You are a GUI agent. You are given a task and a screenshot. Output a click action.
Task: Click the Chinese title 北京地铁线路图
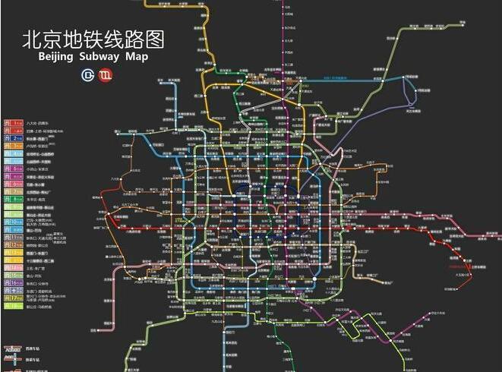pyautogui.click(x=93, y=39)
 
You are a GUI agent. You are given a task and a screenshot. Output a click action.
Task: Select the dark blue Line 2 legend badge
pyautogui.click(x=13, y=140)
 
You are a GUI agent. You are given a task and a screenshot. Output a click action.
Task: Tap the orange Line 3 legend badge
pyautogui.click(x=13, y=149)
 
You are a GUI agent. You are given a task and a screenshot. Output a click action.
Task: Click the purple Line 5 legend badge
pyautogui.click(x=13, y=168)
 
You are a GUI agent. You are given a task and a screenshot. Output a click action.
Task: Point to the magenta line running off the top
pyautogui.click(x=282, y=15)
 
